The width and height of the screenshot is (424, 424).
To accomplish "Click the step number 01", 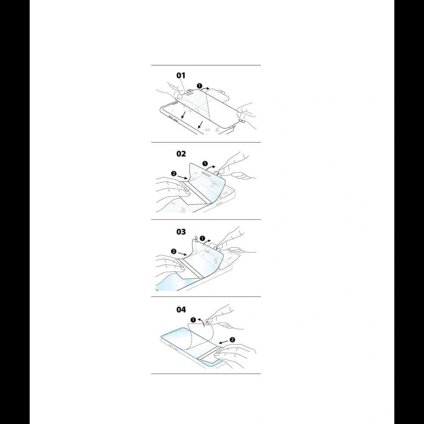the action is [x=181, y=75].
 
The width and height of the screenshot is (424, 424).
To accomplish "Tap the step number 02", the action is [x=181, y=154].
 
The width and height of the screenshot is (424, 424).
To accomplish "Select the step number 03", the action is [x=181, y=232].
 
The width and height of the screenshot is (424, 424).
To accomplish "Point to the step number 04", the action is [x=181, y=310].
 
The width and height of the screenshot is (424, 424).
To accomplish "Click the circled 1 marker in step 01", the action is [x=200, y=86].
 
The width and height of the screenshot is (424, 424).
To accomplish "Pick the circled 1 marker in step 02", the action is [x=205, y=164].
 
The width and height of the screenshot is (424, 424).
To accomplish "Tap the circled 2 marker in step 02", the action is [x=174, y=173].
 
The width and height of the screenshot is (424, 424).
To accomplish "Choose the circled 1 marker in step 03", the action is [x=202, y=238].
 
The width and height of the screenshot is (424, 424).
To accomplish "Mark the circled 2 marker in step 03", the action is [x=173, y=251].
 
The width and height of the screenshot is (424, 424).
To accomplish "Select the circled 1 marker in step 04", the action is [x=193, y=320].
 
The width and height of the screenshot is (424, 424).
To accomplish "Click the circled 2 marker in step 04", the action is [x=232, y=340].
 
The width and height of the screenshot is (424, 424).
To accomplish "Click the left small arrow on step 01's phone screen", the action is [x=183, y=114].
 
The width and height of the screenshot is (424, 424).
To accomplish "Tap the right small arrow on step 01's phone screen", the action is [x=201, y=125].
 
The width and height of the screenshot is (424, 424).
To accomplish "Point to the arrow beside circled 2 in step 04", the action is [x=223, y=342].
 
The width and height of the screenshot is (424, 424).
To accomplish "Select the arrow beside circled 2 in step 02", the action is [x=182, y=177].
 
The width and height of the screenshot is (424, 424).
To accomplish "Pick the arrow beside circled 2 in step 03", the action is [x=182, y=254].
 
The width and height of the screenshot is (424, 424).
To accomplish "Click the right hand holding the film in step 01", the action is [x=247, y=114].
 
